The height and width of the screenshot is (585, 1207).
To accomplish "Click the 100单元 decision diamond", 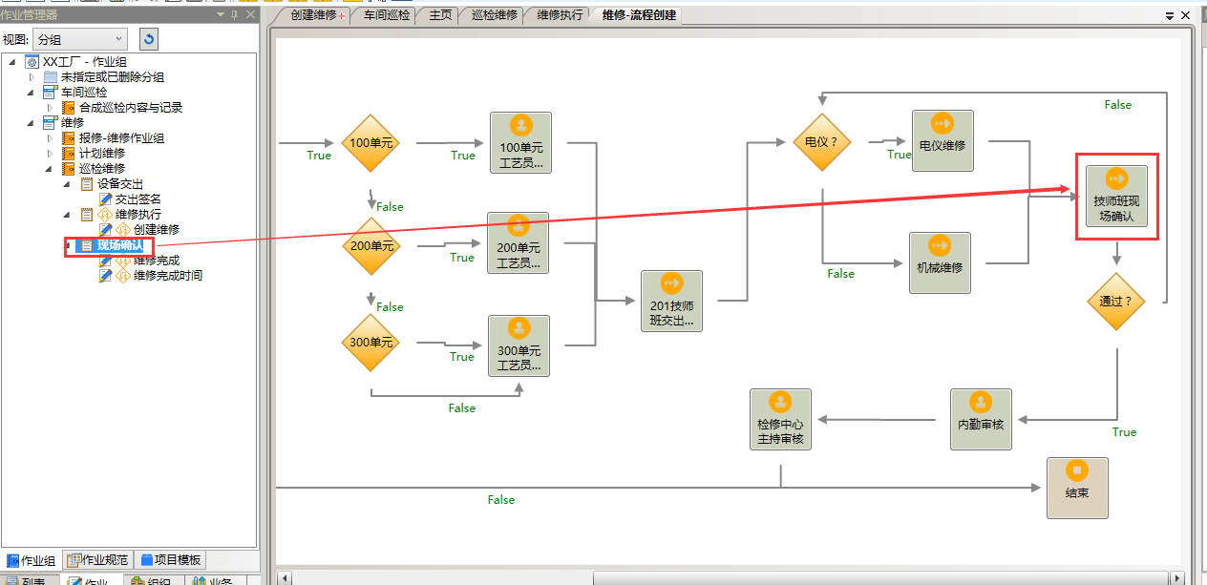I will (371, 143).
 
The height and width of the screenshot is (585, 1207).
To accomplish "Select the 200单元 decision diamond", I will (371, 246).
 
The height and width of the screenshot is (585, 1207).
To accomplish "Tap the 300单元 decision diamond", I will (371, 342).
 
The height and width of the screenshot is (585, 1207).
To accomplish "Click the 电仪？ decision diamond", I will (821, 142).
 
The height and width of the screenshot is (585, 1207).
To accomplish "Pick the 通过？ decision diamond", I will (1115, 302).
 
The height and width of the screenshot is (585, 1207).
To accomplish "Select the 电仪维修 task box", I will (942, 141).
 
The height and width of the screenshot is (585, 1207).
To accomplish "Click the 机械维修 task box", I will (940, 262).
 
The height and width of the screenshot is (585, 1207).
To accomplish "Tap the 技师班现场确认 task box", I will (1116, 198).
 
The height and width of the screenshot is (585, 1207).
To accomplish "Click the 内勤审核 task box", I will (981, 419).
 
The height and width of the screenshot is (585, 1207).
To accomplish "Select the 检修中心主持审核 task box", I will (780, 419).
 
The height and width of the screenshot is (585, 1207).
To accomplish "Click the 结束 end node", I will (1077, 488).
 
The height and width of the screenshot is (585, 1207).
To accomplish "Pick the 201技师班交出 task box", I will (671, 302).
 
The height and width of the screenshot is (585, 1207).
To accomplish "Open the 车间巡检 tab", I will (387, 15).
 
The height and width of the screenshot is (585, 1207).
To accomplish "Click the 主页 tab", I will (440, 15).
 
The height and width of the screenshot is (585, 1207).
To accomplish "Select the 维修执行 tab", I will (560, 15).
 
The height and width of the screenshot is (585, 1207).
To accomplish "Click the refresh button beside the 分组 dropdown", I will (148, 39).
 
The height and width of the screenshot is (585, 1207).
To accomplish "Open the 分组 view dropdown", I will (80, 39).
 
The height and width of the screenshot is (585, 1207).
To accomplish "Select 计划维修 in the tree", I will (101, 154).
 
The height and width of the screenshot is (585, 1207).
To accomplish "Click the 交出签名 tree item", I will (138, 199).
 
